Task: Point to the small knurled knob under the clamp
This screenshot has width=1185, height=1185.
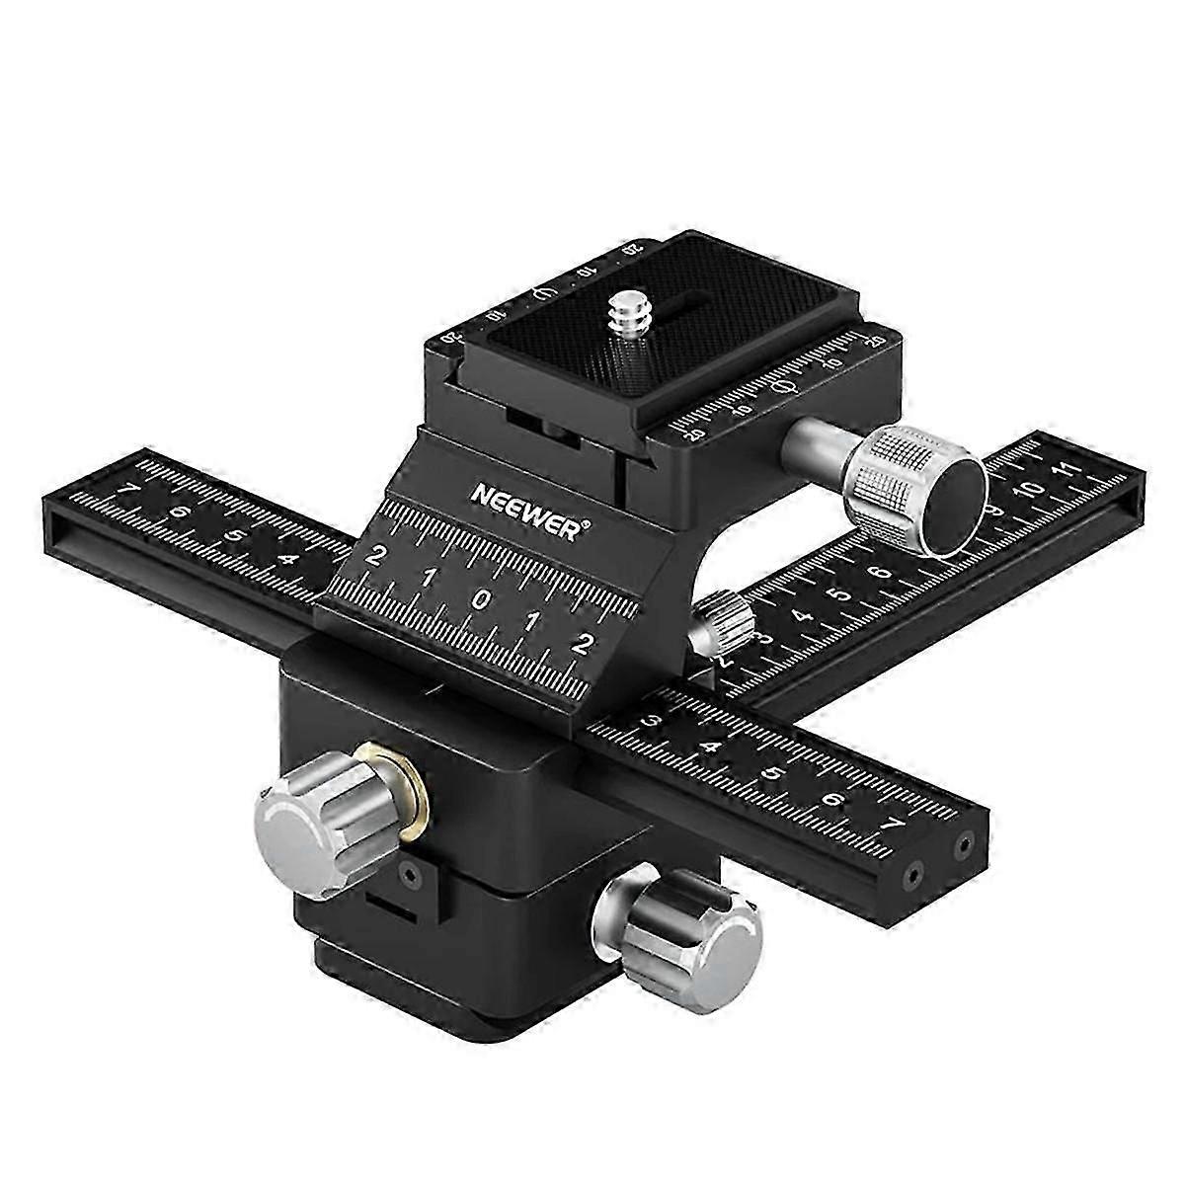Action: point(723,621)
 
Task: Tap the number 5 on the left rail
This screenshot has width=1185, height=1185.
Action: point(233,536)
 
